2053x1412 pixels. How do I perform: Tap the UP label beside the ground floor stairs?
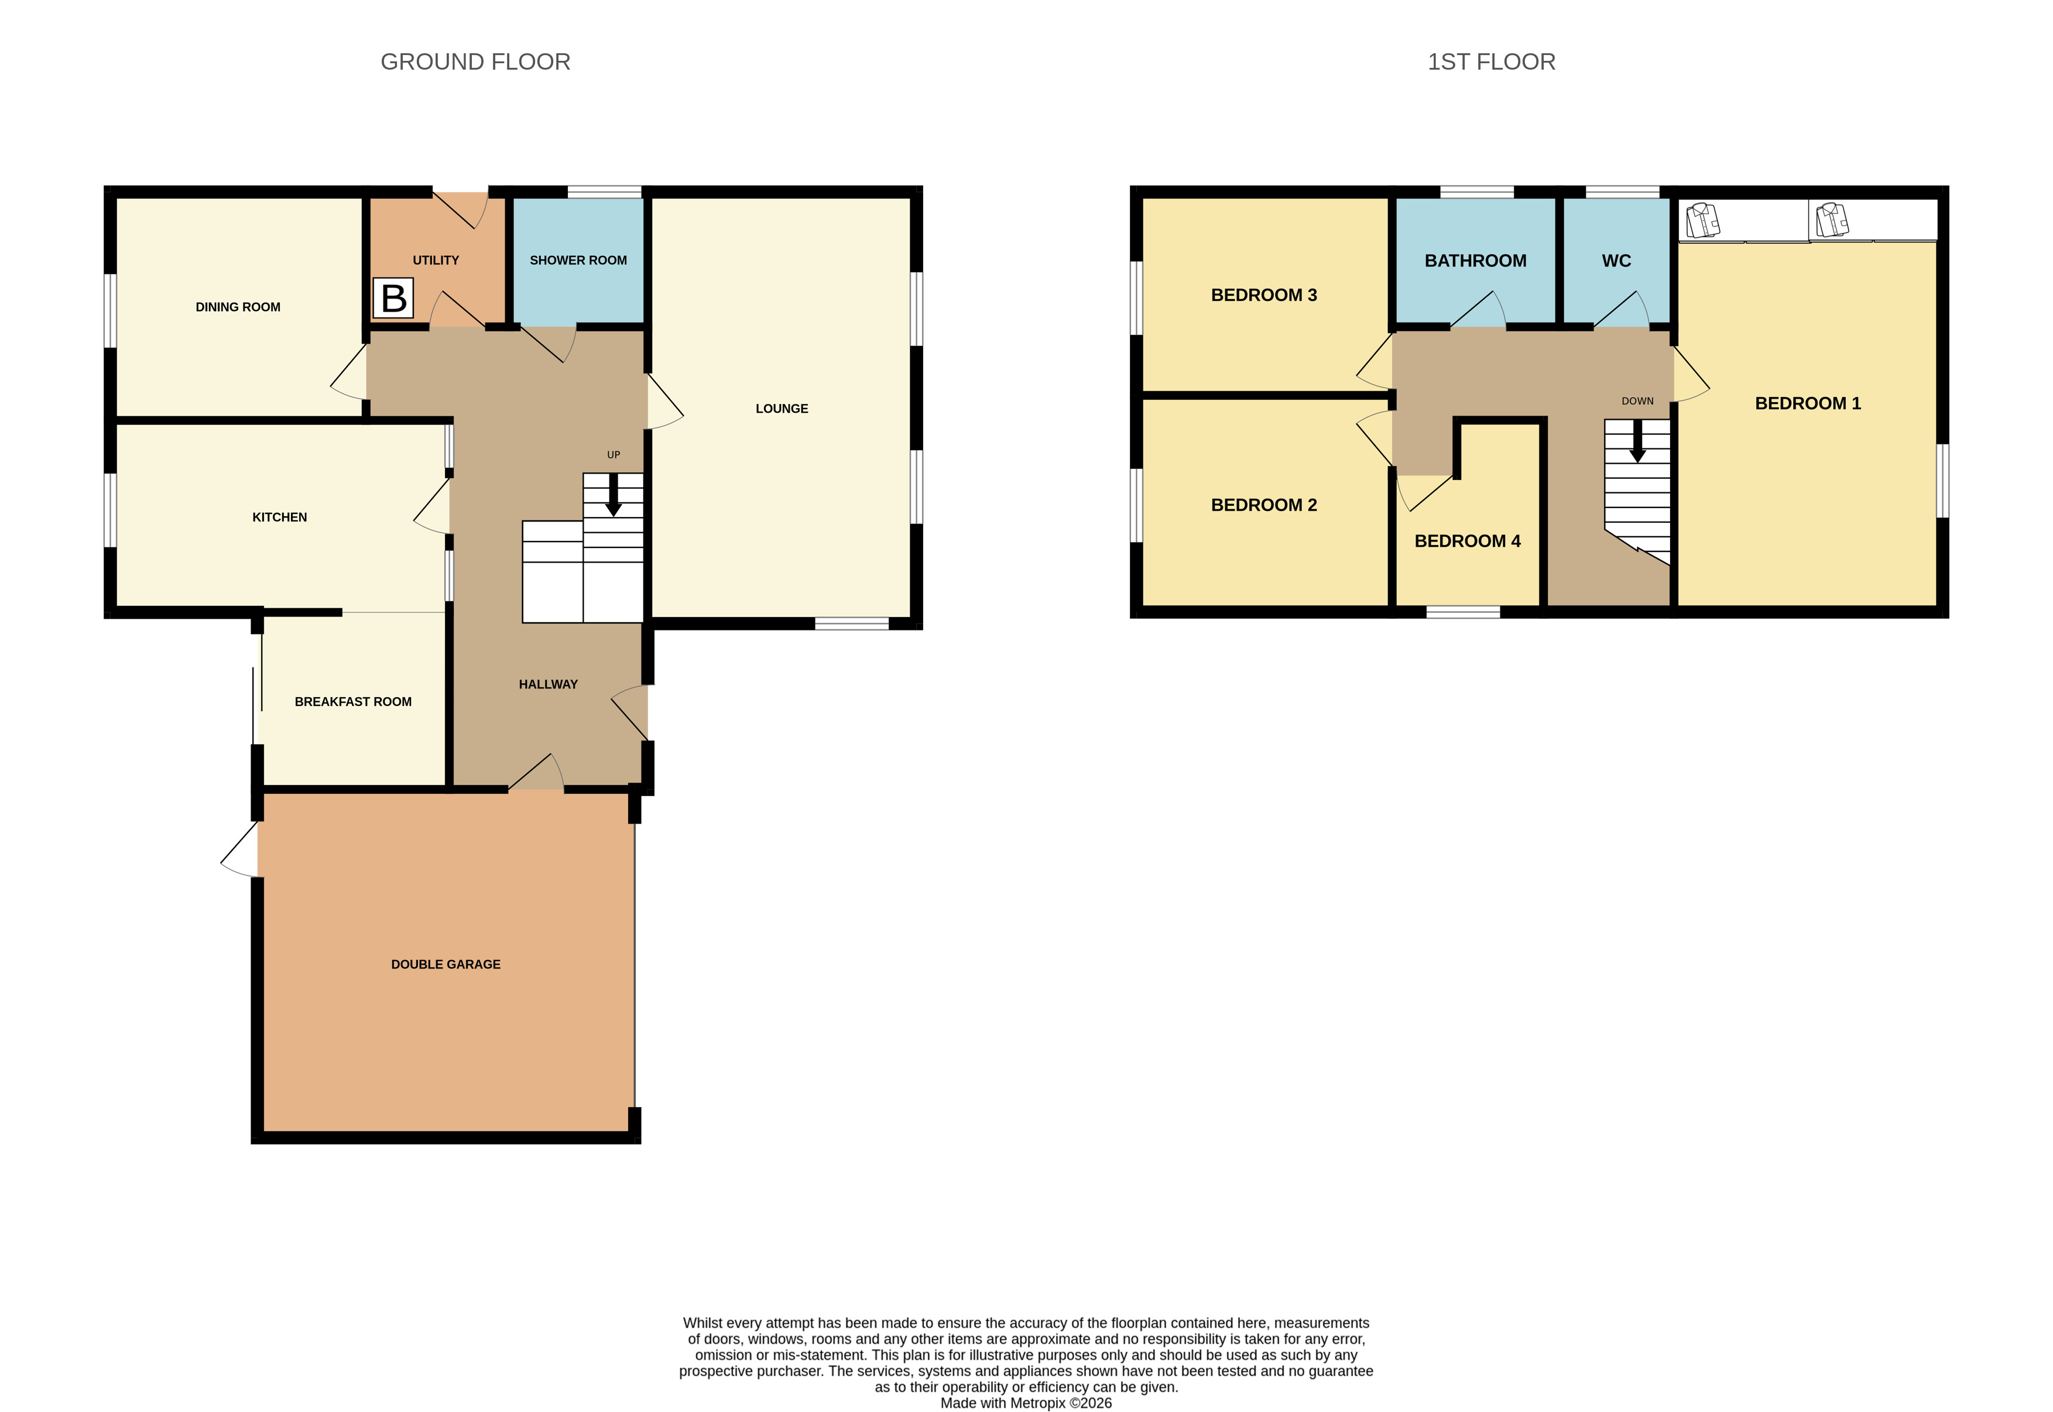tap(613, 455)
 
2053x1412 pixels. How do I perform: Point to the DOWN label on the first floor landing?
tap(1637, 401)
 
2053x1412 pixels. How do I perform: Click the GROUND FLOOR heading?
tap(475, 62)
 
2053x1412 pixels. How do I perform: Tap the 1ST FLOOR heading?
tap(1492, 62)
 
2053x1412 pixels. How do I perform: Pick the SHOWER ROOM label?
tap(578, 260)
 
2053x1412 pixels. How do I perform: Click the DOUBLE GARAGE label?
tap(446, 964)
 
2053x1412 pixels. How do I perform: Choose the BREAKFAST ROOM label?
tap(353, 701)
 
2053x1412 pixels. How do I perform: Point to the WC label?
tap(1616, 261)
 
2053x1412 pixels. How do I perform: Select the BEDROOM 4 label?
tap(1468, 540)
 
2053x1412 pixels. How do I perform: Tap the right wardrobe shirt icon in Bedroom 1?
tap(1832, 220)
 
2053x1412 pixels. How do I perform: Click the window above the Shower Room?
tap(604, 192)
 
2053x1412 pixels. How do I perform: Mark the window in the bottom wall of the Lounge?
tap(851, 623)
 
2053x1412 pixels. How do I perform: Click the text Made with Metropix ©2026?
tap(1026, 1402)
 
